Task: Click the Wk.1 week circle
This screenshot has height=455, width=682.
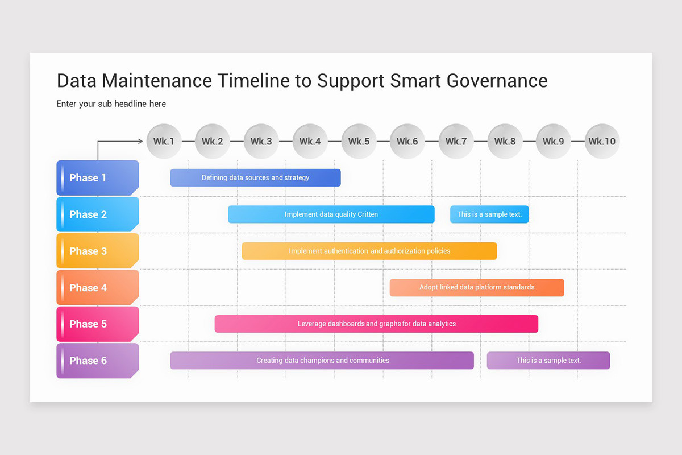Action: [164, 141]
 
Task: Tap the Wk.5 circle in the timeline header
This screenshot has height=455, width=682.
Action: [359, 141]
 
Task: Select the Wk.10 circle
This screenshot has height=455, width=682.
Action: [602, 141]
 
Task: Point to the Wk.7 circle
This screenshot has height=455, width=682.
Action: [456, 141]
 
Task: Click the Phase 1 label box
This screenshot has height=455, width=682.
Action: [98, 178]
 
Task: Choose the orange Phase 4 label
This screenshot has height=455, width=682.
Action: [98, 287]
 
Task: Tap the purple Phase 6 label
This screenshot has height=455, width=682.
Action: [98, 361]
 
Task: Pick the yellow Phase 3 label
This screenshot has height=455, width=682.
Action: [98, 251]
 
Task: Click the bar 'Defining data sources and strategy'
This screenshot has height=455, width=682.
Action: [255, 177]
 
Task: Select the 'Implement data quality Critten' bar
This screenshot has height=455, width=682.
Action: [331, 214]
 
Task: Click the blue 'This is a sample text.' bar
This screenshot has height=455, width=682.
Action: [489, 214]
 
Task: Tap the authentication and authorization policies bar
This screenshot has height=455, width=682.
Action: [369, 251]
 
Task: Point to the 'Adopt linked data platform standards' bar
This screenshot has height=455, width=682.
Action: [477, 287]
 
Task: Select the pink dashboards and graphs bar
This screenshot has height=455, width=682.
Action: [376, 324]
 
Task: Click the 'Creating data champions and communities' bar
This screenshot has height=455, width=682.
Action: [322, 360]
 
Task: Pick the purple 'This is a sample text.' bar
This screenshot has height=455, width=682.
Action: [548, 360]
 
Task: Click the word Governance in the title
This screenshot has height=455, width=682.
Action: [497, 81]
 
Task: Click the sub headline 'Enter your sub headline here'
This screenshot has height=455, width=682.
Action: [111, 104]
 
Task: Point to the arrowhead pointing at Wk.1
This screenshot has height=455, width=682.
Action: [140, 141]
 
